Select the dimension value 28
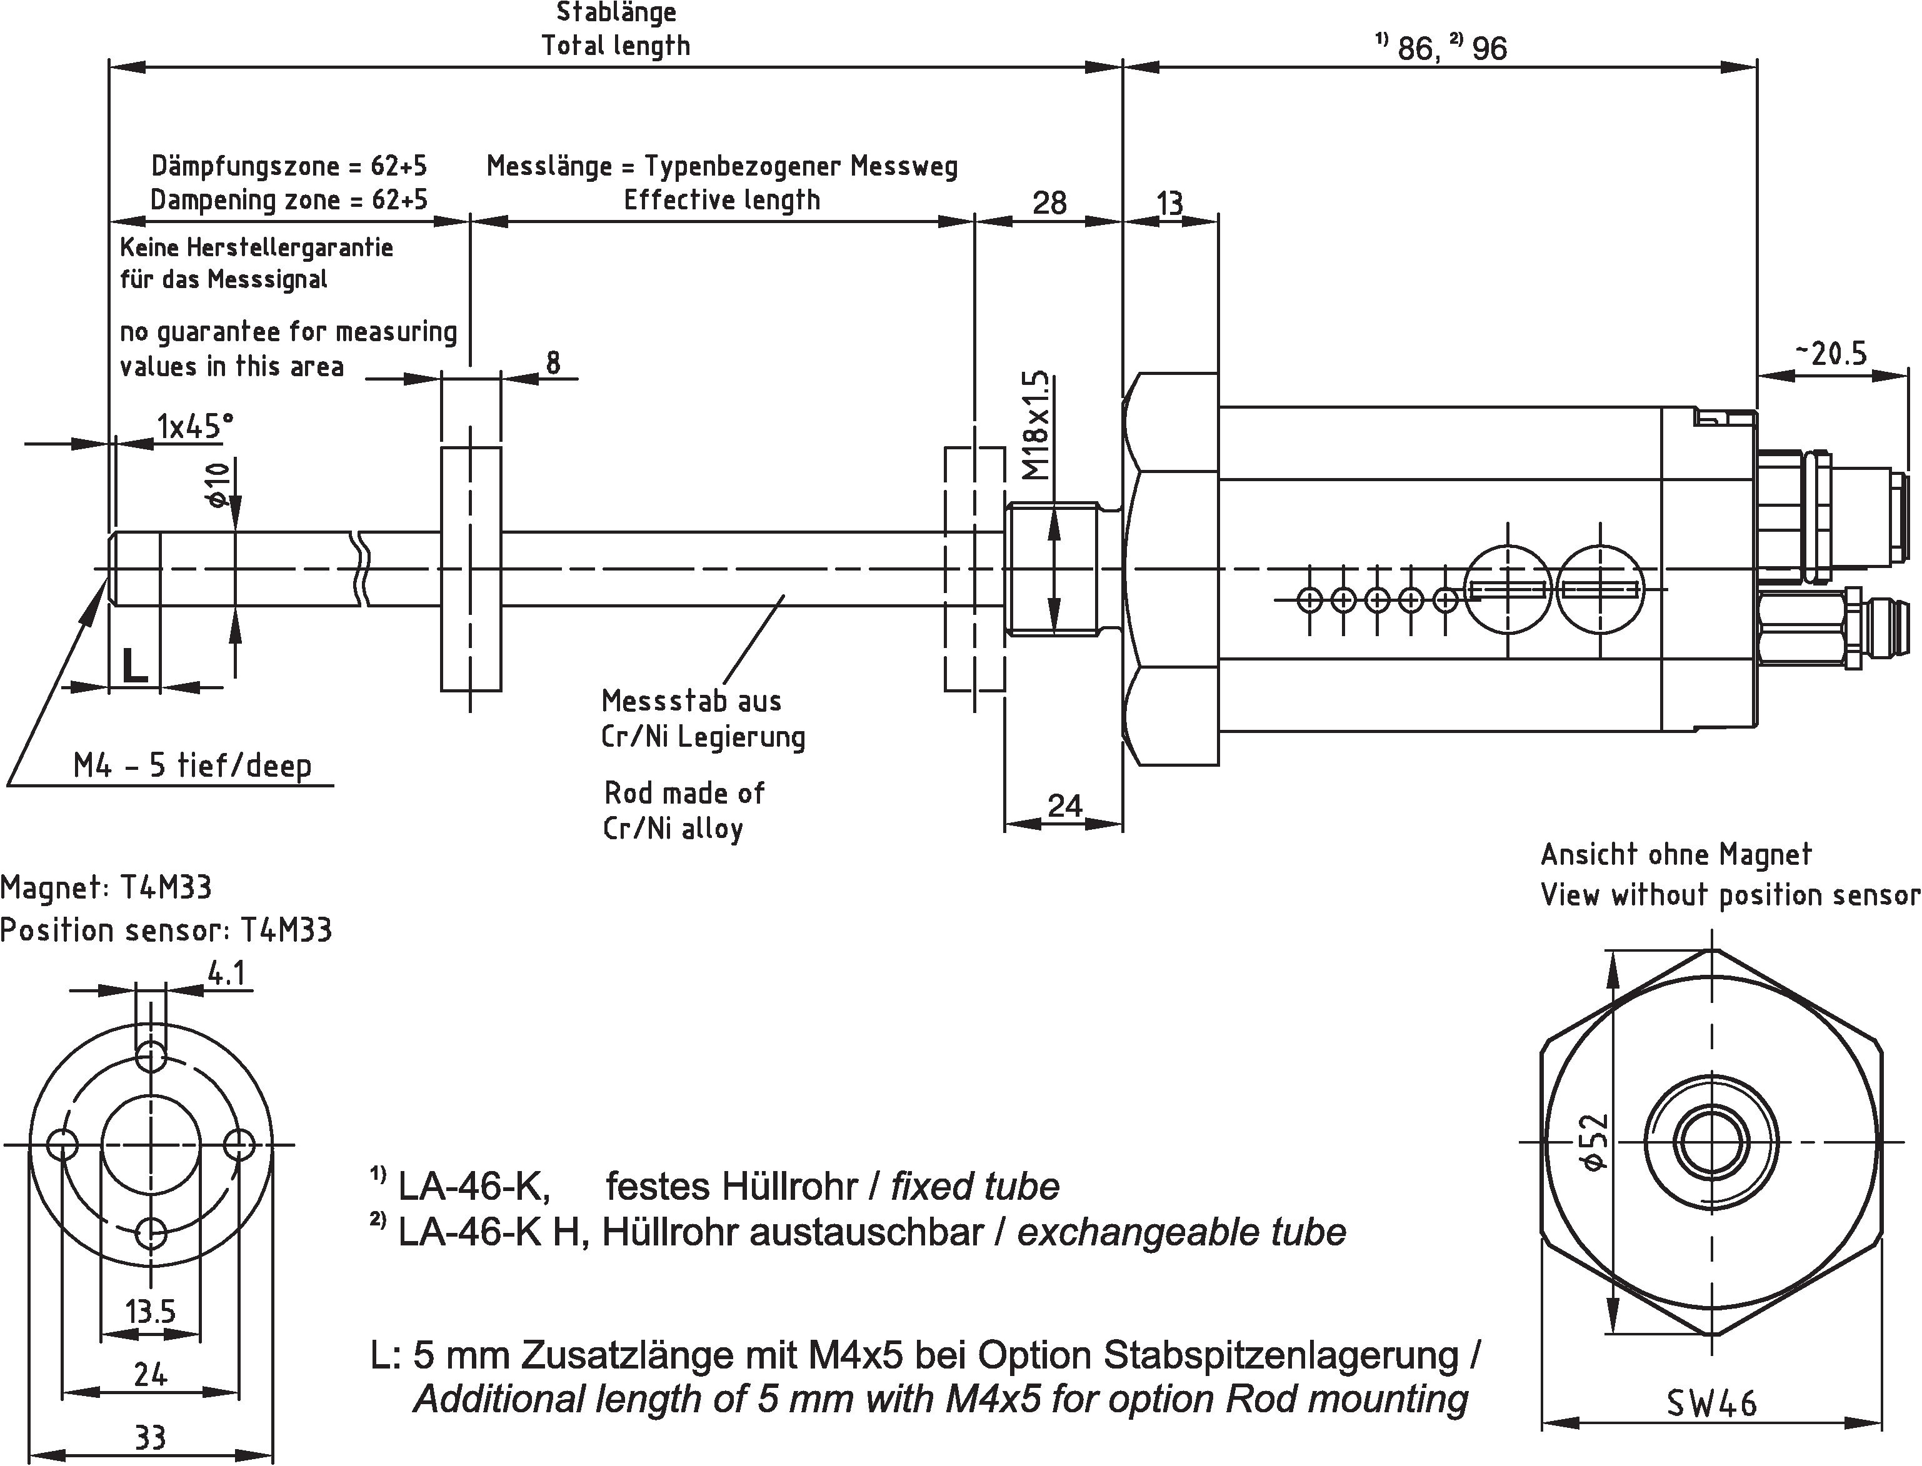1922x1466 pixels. [x=1049, y=203]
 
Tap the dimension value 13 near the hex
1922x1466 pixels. [x=1169, y=203]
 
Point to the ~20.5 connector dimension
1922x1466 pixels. [x=1831, y=354]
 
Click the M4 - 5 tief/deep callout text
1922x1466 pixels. [x=192, y=766]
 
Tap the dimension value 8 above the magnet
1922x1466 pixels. [x=553, y=362]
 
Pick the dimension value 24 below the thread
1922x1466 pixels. [x=1064, y=805]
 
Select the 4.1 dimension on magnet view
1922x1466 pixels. [x=226, y=973]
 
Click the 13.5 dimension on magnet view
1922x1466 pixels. [x=150, y=1310]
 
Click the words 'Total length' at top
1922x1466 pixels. [x=616, y=46]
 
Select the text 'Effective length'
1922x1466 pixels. [x=722, y=200]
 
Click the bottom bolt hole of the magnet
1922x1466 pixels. [x=151, y=1233]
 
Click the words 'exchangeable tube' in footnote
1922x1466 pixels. [x=1181, y=1232]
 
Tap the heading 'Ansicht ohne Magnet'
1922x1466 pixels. [x=1676, y=854]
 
